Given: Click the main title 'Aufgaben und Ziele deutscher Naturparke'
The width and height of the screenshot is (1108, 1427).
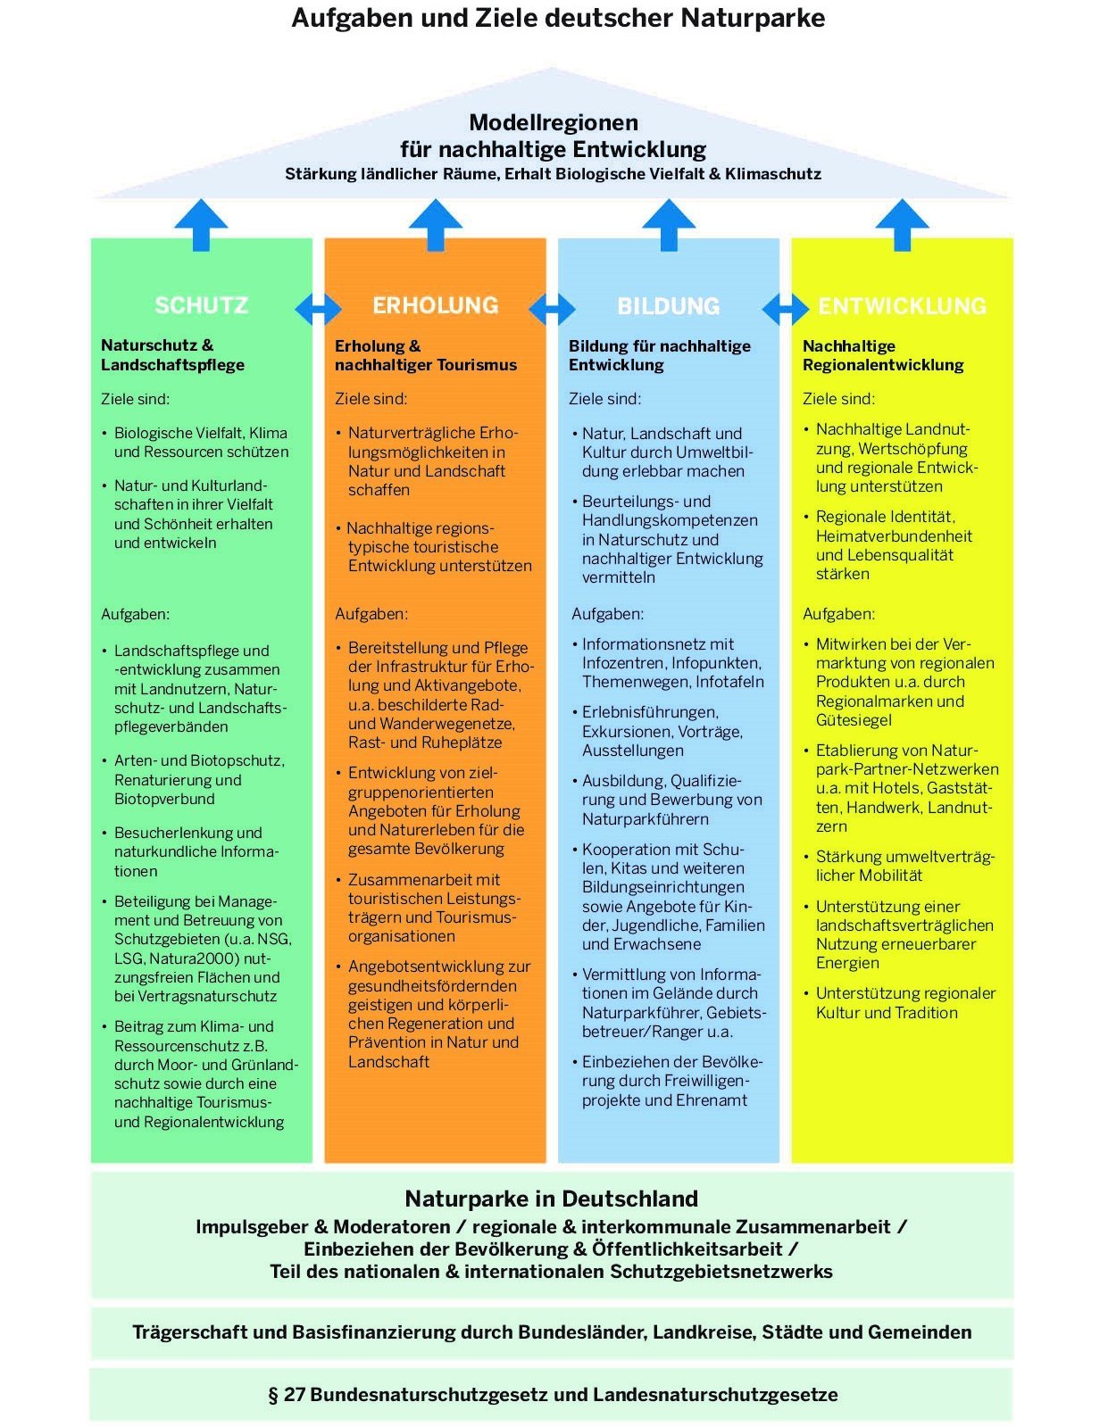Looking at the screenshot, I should point(558,18).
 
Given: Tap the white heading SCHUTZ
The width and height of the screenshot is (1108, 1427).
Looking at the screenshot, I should point(201,305).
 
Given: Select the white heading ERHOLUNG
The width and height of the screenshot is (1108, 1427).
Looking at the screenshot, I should point(435,305).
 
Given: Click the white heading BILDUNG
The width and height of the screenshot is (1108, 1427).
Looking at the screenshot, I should point(668,306).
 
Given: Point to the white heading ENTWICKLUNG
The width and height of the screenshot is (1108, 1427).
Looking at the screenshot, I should point(902,306).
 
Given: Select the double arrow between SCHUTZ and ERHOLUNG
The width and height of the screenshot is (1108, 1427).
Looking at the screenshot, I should point(318,309).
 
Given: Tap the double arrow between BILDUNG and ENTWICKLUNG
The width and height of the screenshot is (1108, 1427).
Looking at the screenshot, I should point(786,309).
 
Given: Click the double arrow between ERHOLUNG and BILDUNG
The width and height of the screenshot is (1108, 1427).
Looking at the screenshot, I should point(552,309).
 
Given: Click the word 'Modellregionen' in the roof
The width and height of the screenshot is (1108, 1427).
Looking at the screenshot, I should point(554,122).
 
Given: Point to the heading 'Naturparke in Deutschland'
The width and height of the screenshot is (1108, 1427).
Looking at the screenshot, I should point(552,1199).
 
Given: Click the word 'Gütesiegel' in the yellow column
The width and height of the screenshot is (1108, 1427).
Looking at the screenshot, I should point(854,720).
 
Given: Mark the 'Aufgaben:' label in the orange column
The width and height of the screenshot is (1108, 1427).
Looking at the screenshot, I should point(371,614).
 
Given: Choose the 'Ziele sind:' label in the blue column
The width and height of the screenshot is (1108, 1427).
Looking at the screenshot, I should point(604,399).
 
